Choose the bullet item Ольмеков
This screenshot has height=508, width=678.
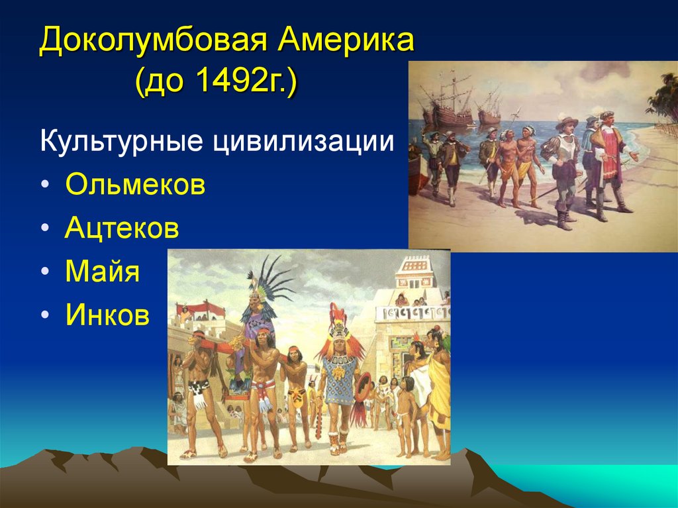(135, 185)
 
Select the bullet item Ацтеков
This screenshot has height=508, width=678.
(122, 229)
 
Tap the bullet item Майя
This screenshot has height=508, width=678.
(102, 272)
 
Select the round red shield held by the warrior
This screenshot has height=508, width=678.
(363, 387)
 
